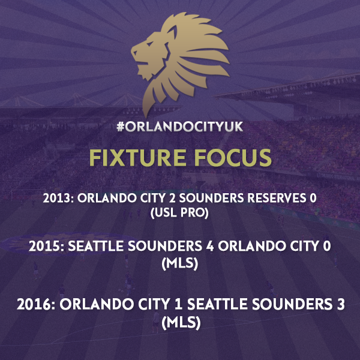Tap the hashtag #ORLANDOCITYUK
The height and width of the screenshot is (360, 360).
[x=180, y=127]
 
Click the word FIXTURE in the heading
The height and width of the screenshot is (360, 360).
[x=137, y=157]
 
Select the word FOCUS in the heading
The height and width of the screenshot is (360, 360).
[x=233, y=157]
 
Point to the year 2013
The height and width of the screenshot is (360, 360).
[x=56, y=198]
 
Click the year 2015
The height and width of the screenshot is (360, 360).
[x=44, y=246]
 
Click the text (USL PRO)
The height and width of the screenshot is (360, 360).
[x=180, y=213]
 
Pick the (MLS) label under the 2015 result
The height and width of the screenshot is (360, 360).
[x=180, y=263]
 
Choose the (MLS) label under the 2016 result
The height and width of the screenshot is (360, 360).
[x=181, y=323]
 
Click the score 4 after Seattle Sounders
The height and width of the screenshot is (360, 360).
[x=210, y=246]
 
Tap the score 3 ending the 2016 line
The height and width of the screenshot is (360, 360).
[x=341, y=304]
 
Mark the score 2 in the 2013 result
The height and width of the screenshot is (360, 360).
[x=172, y=198]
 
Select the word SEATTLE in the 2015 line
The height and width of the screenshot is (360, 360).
[x=96, y=246]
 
